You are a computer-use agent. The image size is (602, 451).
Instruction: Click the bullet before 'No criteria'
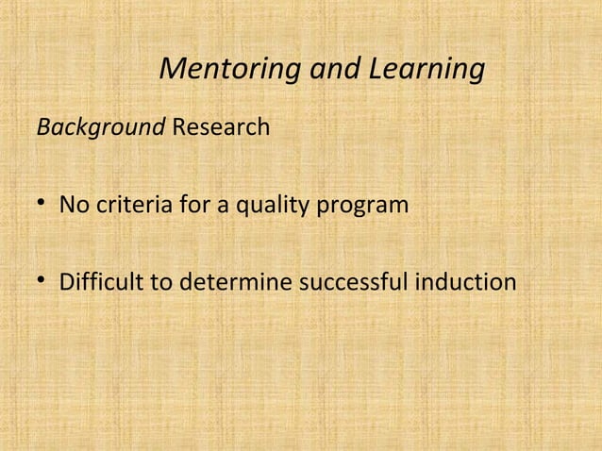pyautogui.click(x=43, y=204)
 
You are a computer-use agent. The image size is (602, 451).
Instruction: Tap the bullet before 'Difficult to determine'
pyautogui.click(x=43, y=282)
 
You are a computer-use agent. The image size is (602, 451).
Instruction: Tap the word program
pyautogui.click(x=365, y=205)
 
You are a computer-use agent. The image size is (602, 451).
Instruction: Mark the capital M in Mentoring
pyautogui.click(x=175, y=69)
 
